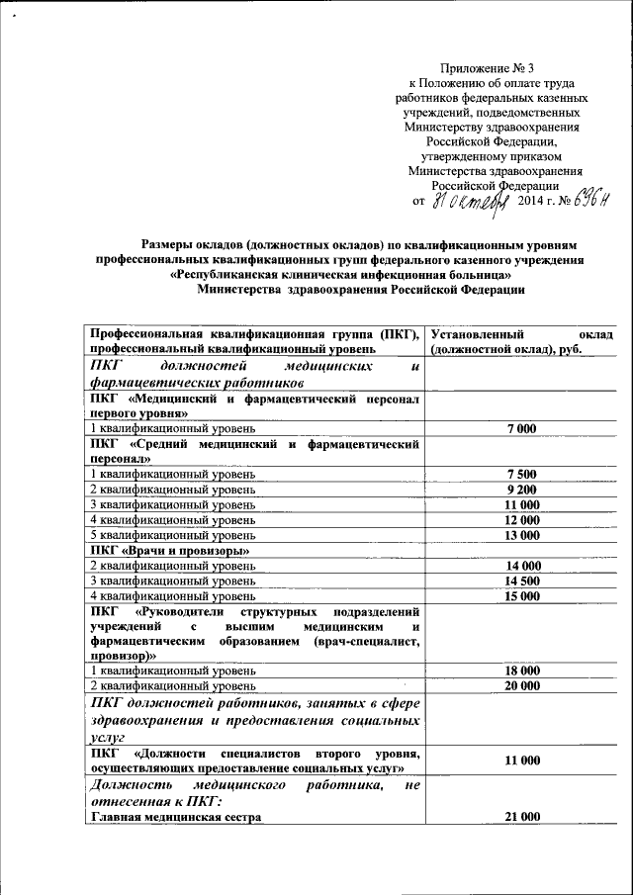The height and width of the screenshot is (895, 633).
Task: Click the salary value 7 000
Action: click(x=520, y=428)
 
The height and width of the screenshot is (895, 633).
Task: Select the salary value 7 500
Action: click(x=520, y=474)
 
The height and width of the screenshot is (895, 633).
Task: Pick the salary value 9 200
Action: click(x=520, y=489)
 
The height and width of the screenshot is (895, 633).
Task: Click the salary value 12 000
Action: click(x=520, y=519)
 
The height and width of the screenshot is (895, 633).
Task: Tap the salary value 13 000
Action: click(x=520, y=535)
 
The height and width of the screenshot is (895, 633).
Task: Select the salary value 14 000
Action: click(x=521, y=566)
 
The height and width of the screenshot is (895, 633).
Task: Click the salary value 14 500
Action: click(x=521, y=581)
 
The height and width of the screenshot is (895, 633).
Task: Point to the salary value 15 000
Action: click(x=521, y=596)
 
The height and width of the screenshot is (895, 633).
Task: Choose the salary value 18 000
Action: click(x=521, y=671)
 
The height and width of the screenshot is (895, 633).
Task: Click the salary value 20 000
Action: click(x=521, y=685)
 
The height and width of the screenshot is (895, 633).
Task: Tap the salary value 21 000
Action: click(x=521, y=816)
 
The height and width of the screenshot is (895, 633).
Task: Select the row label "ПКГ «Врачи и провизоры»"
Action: click(x=168, y=550)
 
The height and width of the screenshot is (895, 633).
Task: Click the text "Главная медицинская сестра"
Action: click(x=175, y=817)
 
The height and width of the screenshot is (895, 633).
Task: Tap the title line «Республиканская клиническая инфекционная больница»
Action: click(x=340, y=274)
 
